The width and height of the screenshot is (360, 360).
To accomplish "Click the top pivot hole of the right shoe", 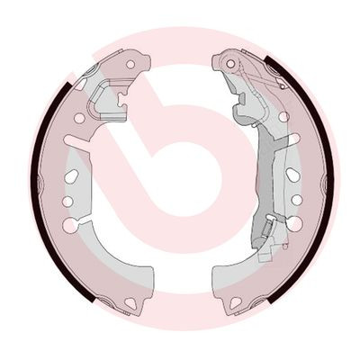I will [229, 64].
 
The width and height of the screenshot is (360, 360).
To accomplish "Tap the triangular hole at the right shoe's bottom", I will [235, 302].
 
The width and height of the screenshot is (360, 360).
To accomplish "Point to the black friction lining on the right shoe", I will [326, 180].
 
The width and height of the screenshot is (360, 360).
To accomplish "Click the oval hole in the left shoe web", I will [72, 176].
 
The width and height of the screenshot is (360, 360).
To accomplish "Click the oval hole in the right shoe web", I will [292, 175].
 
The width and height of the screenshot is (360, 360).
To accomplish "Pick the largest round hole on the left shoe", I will [69, 225].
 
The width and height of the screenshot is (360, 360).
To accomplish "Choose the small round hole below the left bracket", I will [79, 118].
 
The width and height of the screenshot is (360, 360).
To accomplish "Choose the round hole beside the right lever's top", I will [283, 116].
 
